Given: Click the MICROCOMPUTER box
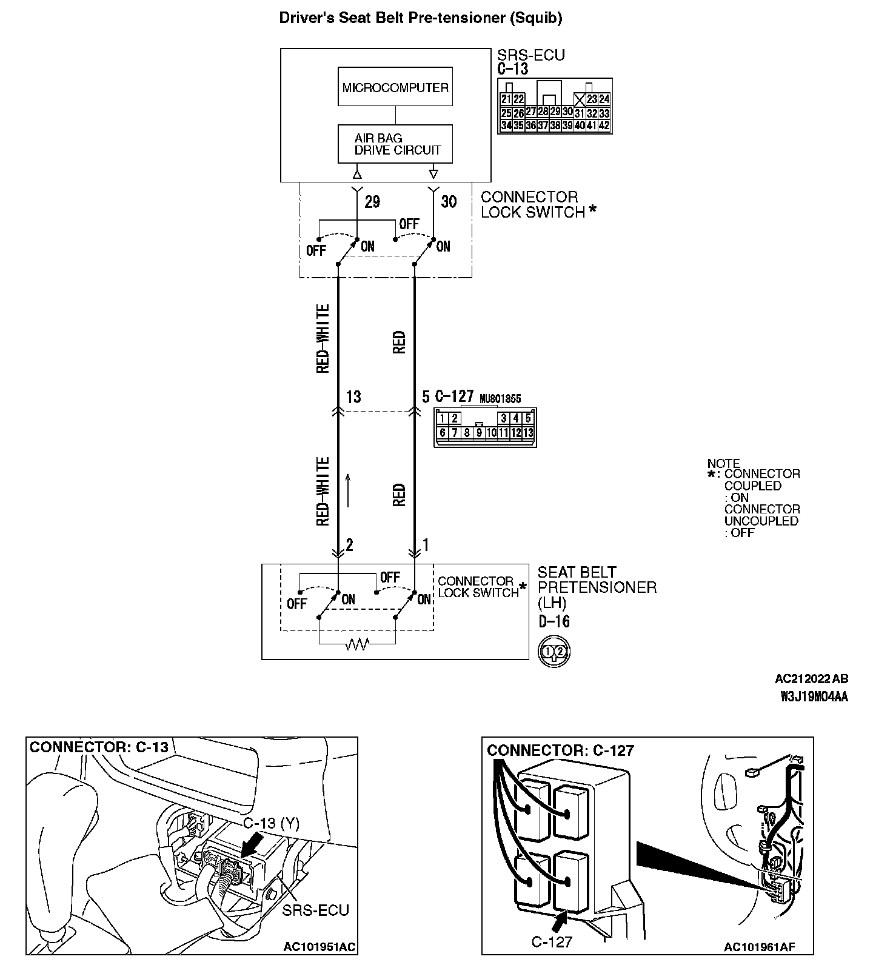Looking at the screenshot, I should coord(395,87).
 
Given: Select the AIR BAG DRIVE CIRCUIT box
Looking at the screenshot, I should coord(395,144).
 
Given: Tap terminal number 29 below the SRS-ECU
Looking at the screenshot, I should coord(372,202).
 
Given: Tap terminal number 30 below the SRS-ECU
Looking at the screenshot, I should coord(449,201).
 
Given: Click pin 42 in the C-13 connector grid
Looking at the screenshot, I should coord(604,126).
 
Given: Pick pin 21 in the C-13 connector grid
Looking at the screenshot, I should coord(506,99).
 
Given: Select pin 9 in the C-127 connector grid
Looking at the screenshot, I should coord(479,433).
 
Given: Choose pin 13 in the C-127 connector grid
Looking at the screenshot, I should coord(528,433).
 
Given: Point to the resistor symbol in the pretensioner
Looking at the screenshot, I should coord(356,645).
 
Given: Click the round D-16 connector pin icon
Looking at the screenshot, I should coord(554,652).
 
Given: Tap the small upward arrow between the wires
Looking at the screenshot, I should coord(349,490).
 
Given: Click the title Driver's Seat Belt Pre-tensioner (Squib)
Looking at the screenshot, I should coord(420,18).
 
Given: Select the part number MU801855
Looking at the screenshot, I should coord(500,399).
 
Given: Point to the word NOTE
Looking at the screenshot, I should coord(723,464).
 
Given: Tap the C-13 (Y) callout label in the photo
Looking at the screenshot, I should coord(271,823).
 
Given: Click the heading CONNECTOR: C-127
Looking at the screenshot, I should coord(560,750).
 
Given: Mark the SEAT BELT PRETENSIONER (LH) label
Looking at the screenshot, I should coord(597,587).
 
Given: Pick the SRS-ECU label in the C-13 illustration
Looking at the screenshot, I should coord(315,910).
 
